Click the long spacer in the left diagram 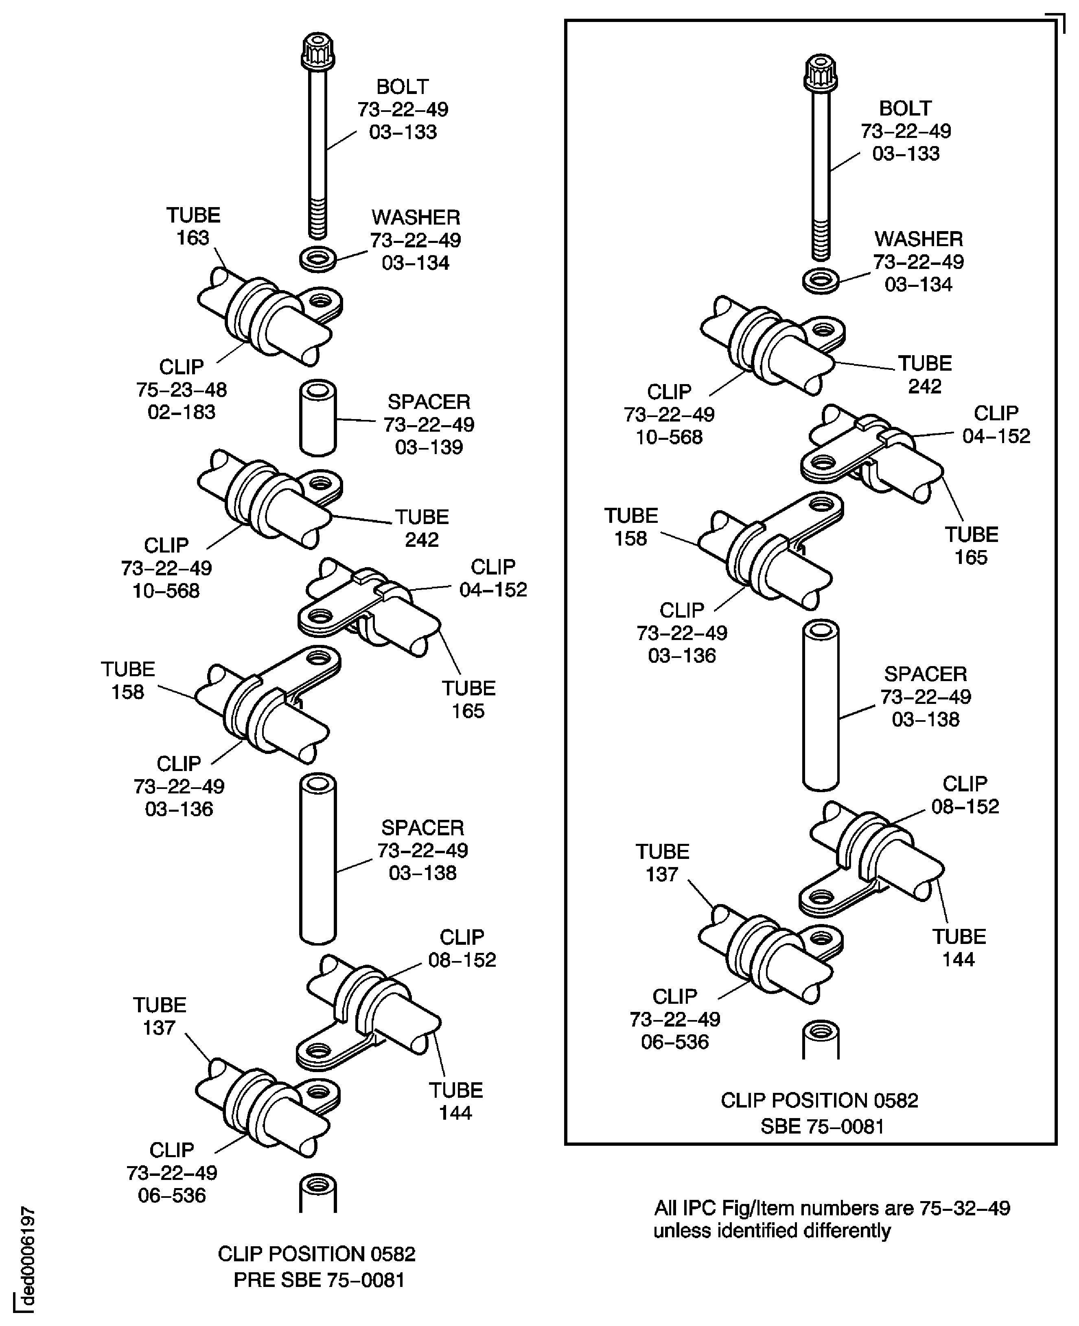317,859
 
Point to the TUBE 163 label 193,226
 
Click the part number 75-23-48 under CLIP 182,390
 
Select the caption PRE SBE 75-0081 319,1280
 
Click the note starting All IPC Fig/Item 832,1219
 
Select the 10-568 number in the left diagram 166,590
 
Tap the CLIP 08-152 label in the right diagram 965,795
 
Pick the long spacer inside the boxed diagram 821,706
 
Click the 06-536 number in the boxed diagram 674,1042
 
